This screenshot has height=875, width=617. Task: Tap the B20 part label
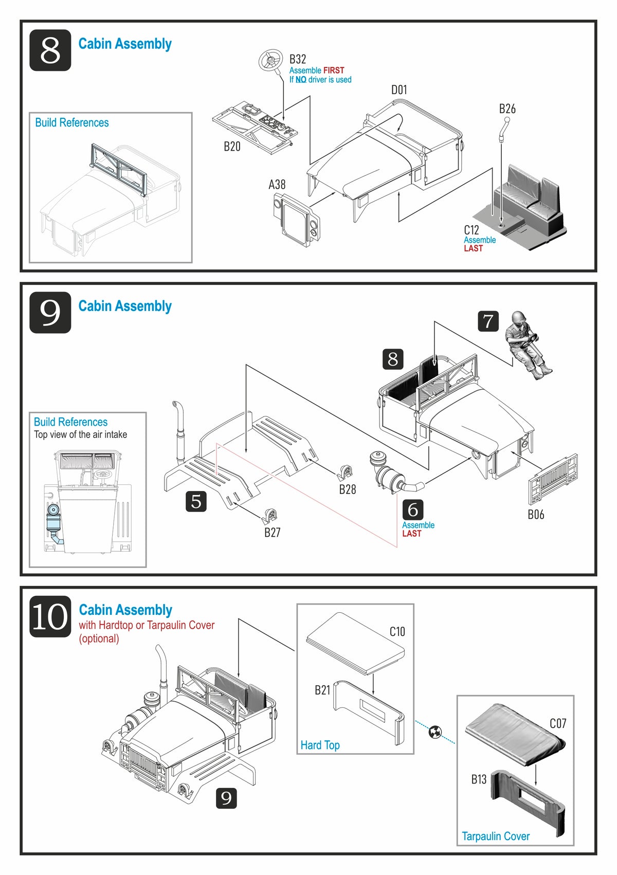coord(232,147)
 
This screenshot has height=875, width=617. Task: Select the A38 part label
coord(277,185)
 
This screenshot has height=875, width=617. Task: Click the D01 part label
coord(399,90)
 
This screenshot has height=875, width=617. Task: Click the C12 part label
coord(471,230)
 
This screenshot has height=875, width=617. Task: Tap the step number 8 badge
coord(50,50)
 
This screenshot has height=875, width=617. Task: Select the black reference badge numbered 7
coord(488,321)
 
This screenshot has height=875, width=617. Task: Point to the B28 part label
coord(348,489)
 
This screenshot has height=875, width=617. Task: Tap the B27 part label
coord(273,533)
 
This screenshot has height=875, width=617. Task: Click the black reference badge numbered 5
coord(196,501)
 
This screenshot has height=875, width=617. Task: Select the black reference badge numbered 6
coord(413,509)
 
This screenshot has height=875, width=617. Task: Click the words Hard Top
coord(320,745)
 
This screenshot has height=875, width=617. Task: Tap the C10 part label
coord(397,631)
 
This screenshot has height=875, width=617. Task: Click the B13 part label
coord(479,779)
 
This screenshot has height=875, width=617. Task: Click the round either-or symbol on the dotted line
coord(435,732)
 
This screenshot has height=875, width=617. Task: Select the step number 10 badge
coord(50,616)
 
